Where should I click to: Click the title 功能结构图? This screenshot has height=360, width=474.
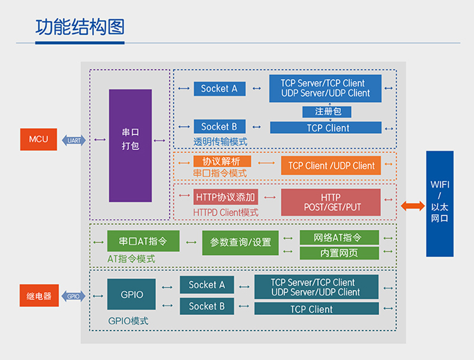[80, 26]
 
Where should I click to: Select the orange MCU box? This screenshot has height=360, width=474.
[38, 139]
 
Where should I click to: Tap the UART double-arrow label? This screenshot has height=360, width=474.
[74, 141]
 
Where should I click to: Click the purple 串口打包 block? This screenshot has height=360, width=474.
[130, 146]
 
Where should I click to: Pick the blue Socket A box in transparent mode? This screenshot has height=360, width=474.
[219, 88]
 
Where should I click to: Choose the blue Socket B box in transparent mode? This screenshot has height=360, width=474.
[219, 126]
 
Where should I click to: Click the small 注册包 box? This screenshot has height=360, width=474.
[328, 112]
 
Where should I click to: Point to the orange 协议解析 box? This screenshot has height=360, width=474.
[222, 161]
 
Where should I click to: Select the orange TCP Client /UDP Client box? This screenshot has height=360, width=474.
[331, 165]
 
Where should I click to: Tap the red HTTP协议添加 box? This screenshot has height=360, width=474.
[225, 197]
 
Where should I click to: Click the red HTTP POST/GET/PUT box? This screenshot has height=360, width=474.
[330, 202]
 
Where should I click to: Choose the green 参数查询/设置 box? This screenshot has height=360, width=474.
[240, 243]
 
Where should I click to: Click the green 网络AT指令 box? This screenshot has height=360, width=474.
[339, 237]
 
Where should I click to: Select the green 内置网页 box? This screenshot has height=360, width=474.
[339, 253]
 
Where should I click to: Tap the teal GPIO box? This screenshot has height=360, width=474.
[132, 294]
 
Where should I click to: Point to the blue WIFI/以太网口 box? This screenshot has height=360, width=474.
[439, 204]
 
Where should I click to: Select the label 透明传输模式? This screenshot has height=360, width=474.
[220, 142]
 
